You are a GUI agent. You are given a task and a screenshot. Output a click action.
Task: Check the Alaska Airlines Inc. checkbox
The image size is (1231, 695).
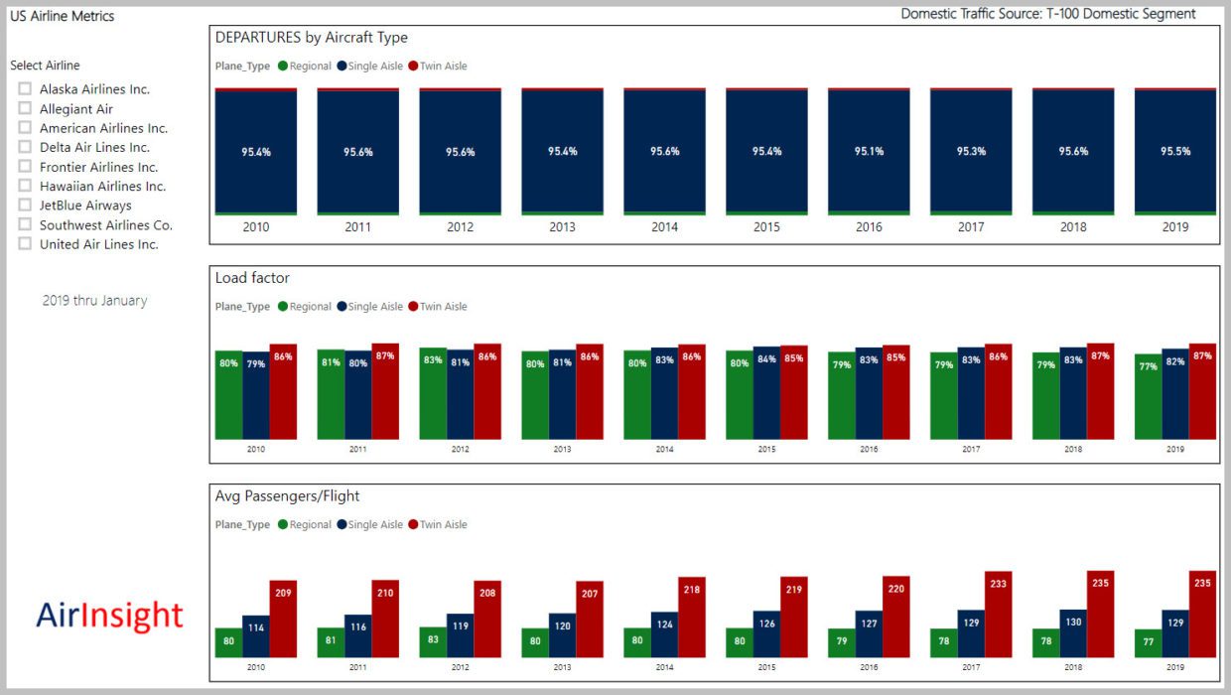click(x=25, y=89)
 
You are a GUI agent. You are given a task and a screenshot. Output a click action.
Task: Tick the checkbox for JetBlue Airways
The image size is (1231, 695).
click(x=25, y=206)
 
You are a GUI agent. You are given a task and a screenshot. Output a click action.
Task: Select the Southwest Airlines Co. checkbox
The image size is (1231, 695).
click(x=25, y=225)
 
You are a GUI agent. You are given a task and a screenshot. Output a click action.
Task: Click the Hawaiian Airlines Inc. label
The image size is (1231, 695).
click(x=102, y=187)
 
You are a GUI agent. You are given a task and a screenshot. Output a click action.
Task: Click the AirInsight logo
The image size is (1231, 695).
click(x=109, y=616)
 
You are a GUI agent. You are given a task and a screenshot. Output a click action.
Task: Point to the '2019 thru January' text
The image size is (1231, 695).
click(x=94, y=301)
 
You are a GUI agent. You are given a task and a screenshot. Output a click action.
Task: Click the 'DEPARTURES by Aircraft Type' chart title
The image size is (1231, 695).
click(x=312, y=38)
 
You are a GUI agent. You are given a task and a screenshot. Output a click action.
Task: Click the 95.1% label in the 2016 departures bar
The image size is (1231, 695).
click(x=869, y=152)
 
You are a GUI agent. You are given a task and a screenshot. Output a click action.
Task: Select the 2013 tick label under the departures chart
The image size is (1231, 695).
click(x=562, y=227)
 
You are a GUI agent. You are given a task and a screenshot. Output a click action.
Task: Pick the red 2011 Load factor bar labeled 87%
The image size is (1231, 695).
click(x=385, y=392)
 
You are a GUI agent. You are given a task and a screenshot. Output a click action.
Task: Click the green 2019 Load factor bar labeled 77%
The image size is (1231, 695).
click(x=1148, y=397)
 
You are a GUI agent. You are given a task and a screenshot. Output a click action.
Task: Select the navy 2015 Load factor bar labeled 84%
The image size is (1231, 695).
click(x=765, y=393)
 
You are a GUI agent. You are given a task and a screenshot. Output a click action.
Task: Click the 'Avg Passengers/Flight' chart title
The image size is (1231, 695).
click(x=287, y=495)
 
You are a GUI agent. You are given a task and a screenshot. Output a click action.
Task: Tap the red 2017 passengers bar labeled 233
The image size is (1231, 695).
click(x=998, y=615)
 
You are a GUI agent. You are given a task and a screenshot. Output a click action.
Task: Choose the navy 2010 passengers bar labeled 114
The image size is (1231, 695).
click(x=256, y=636)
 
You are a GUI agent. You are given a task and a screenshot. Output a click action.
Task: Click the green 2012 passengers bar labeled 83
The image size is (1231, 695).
click(x=432, y=642)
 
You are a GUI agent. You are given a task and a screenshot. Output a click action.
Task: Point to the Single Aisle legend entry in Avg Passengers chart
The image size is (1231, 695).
click(x=370, y=525)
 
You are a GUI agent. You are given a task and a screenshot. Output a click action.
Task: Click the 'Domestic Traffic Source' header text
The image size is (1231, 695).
click(x=1047, y=14)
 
